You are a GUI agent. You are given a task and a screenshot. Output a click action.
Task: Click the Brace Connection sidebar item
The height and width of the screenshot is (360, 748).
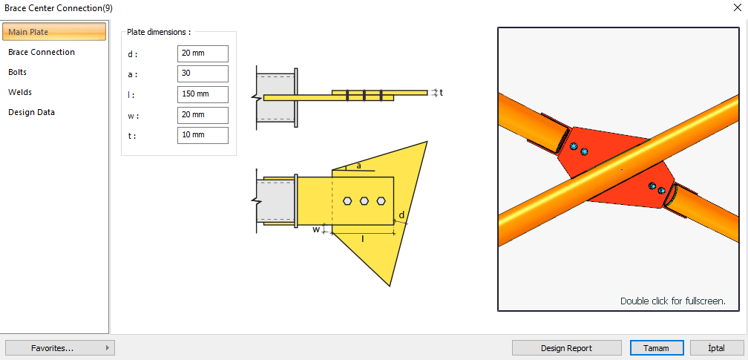click(42, 52)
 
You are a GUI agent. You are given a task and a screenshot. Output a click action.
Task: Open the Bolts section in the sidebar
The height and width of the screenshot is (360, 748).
click(18, 72)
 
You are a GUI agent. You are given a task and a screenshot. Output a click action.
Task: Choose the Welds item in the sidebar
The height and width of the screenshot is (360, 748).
click(20, 92)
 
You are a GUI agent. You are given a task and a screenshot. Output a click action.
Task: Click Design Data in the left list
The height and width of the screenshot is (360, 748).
click(31, 112)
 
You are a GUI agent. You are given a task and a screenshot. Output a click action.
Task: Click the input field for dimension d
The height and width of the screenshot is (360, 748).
click(203, 53)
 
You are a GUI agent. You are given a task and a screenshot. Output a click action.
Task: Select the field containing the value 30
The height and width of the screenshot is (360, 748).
click(203, 73)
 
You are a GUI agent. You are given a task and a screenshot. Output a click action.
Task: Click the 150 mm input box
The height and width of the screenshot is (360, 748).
click(203, 94)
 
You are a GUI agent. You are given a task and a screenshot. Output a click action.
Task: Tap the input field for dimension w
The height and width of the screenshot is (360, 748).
click(203, 115)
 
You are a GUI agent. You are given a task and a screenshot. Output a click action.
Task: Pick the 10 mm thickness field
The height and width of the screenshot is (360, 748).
click(203, 135)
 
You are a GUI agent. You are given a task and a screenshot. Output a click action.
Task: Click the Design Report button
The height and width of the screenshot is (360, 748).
click(566, 347)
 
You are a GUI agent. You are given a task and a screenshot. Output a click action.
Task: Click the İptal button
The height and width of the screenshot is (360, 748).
click(717, 347)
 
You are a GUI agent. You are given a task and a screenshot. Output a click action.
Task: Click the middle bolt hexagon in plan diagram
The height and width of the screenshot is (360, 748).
click(364, 200)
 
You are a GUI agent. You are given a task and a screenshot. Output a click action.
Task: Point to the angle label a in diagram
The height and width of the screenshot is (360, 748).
click(359, 166)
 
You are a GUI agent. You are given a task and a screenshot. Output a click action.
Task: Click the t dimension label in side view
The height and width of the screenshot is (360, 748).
click(441, 93)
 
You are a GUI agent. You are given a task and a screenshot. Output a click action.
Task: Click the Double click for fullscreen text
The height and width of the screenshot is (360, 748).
click(672, 301)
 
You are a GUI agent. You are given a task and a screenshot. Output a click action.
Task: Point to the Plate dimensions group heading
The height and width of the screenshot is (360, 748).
click(159, 33)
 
